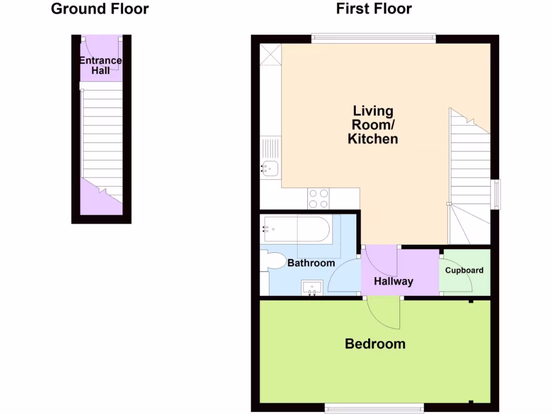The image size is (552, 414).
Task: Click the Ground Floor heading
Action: (x=100, y=9)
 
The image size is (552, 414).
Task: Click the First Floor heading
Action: (x=374, y=9)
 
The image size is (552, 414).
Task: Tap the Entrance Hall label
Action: (x=101, y=65)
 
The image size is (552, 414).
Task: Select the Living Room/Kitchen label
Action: (x=372, y=125)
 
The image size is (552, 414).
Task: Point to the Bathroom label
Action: (x=311, y=263)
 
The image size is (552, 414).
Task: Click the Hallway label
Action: (x=394, y=281)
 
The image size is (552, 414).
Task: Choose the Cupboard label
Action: (x=464, y=270)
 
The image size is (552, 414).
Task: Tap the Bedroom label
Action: (x=375, y=343)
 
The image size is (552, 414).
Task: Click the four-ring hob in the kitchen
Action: (x=319, y=198)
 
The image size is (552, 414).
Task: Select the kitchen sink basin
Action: (x=270, y=169)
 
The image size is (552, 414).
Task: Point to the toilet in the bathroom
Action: (x=275, y=261)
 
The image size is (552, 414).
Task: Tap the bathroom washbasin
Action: (x=312, y=287)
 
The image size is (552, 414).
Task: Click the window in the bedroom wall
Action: (x=374, y=408)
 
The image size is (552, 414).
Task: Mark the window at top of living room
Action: (x=374, y=38)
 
